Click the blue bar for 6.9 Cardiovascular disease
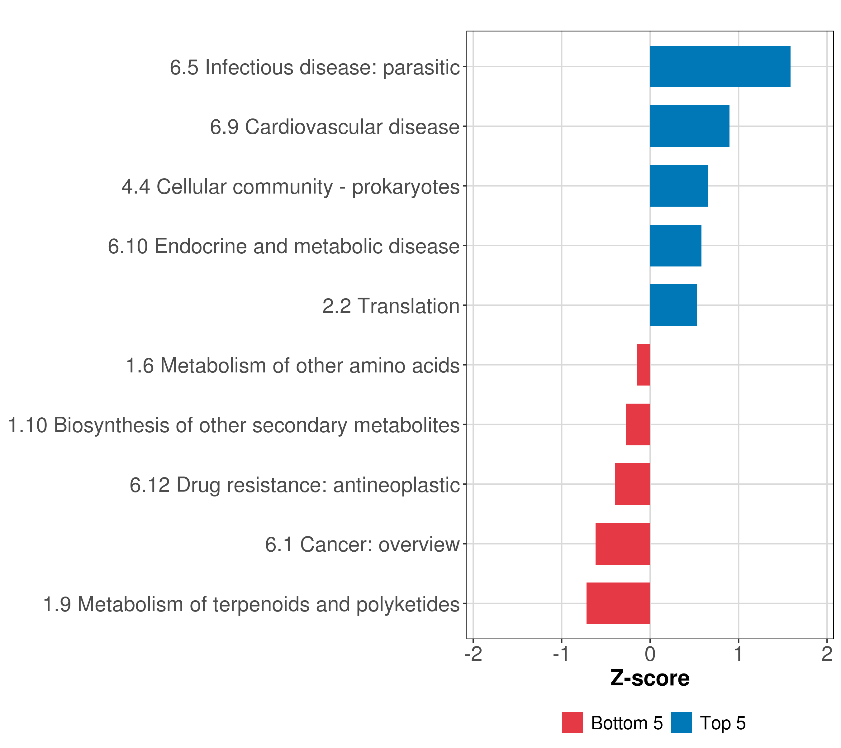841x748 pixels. click(689, 127)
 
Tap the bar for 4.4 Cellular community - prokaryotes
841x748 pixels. click(678, 186)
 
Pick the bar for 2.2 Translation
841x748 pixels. click(673, 305)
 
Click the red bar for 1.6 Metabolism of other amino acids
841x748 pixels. click(644, 365)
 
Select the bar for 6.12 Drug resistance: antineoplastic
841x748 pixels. click(632, 484)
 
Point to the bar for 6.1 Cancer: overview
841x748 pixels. click(623, 544)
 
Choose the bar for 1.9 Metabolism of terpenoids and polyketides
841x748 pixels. click(618, 603)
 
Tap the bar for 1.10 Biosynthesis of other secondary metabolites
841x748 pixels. click(638, 424)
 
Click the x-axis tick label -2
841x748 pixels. click(473, 654)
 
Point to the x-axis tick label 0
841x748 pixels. click(650, 654)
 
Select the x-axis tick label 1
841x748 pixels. click(739, 654)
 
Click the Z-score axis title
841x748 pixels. click(650, 678)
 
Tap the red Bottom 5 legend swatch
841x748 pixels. click(572, 722)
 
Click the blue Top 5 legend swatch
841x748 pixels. click(681, 722)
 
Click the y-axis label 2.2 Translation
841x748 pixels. click(391, 306)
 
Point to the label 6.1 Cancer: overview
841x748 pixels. click(362, 544)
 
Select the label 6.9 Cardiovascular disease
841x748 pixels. click(335, 127)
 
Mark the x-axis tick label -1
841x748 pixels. click(561, 654)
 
